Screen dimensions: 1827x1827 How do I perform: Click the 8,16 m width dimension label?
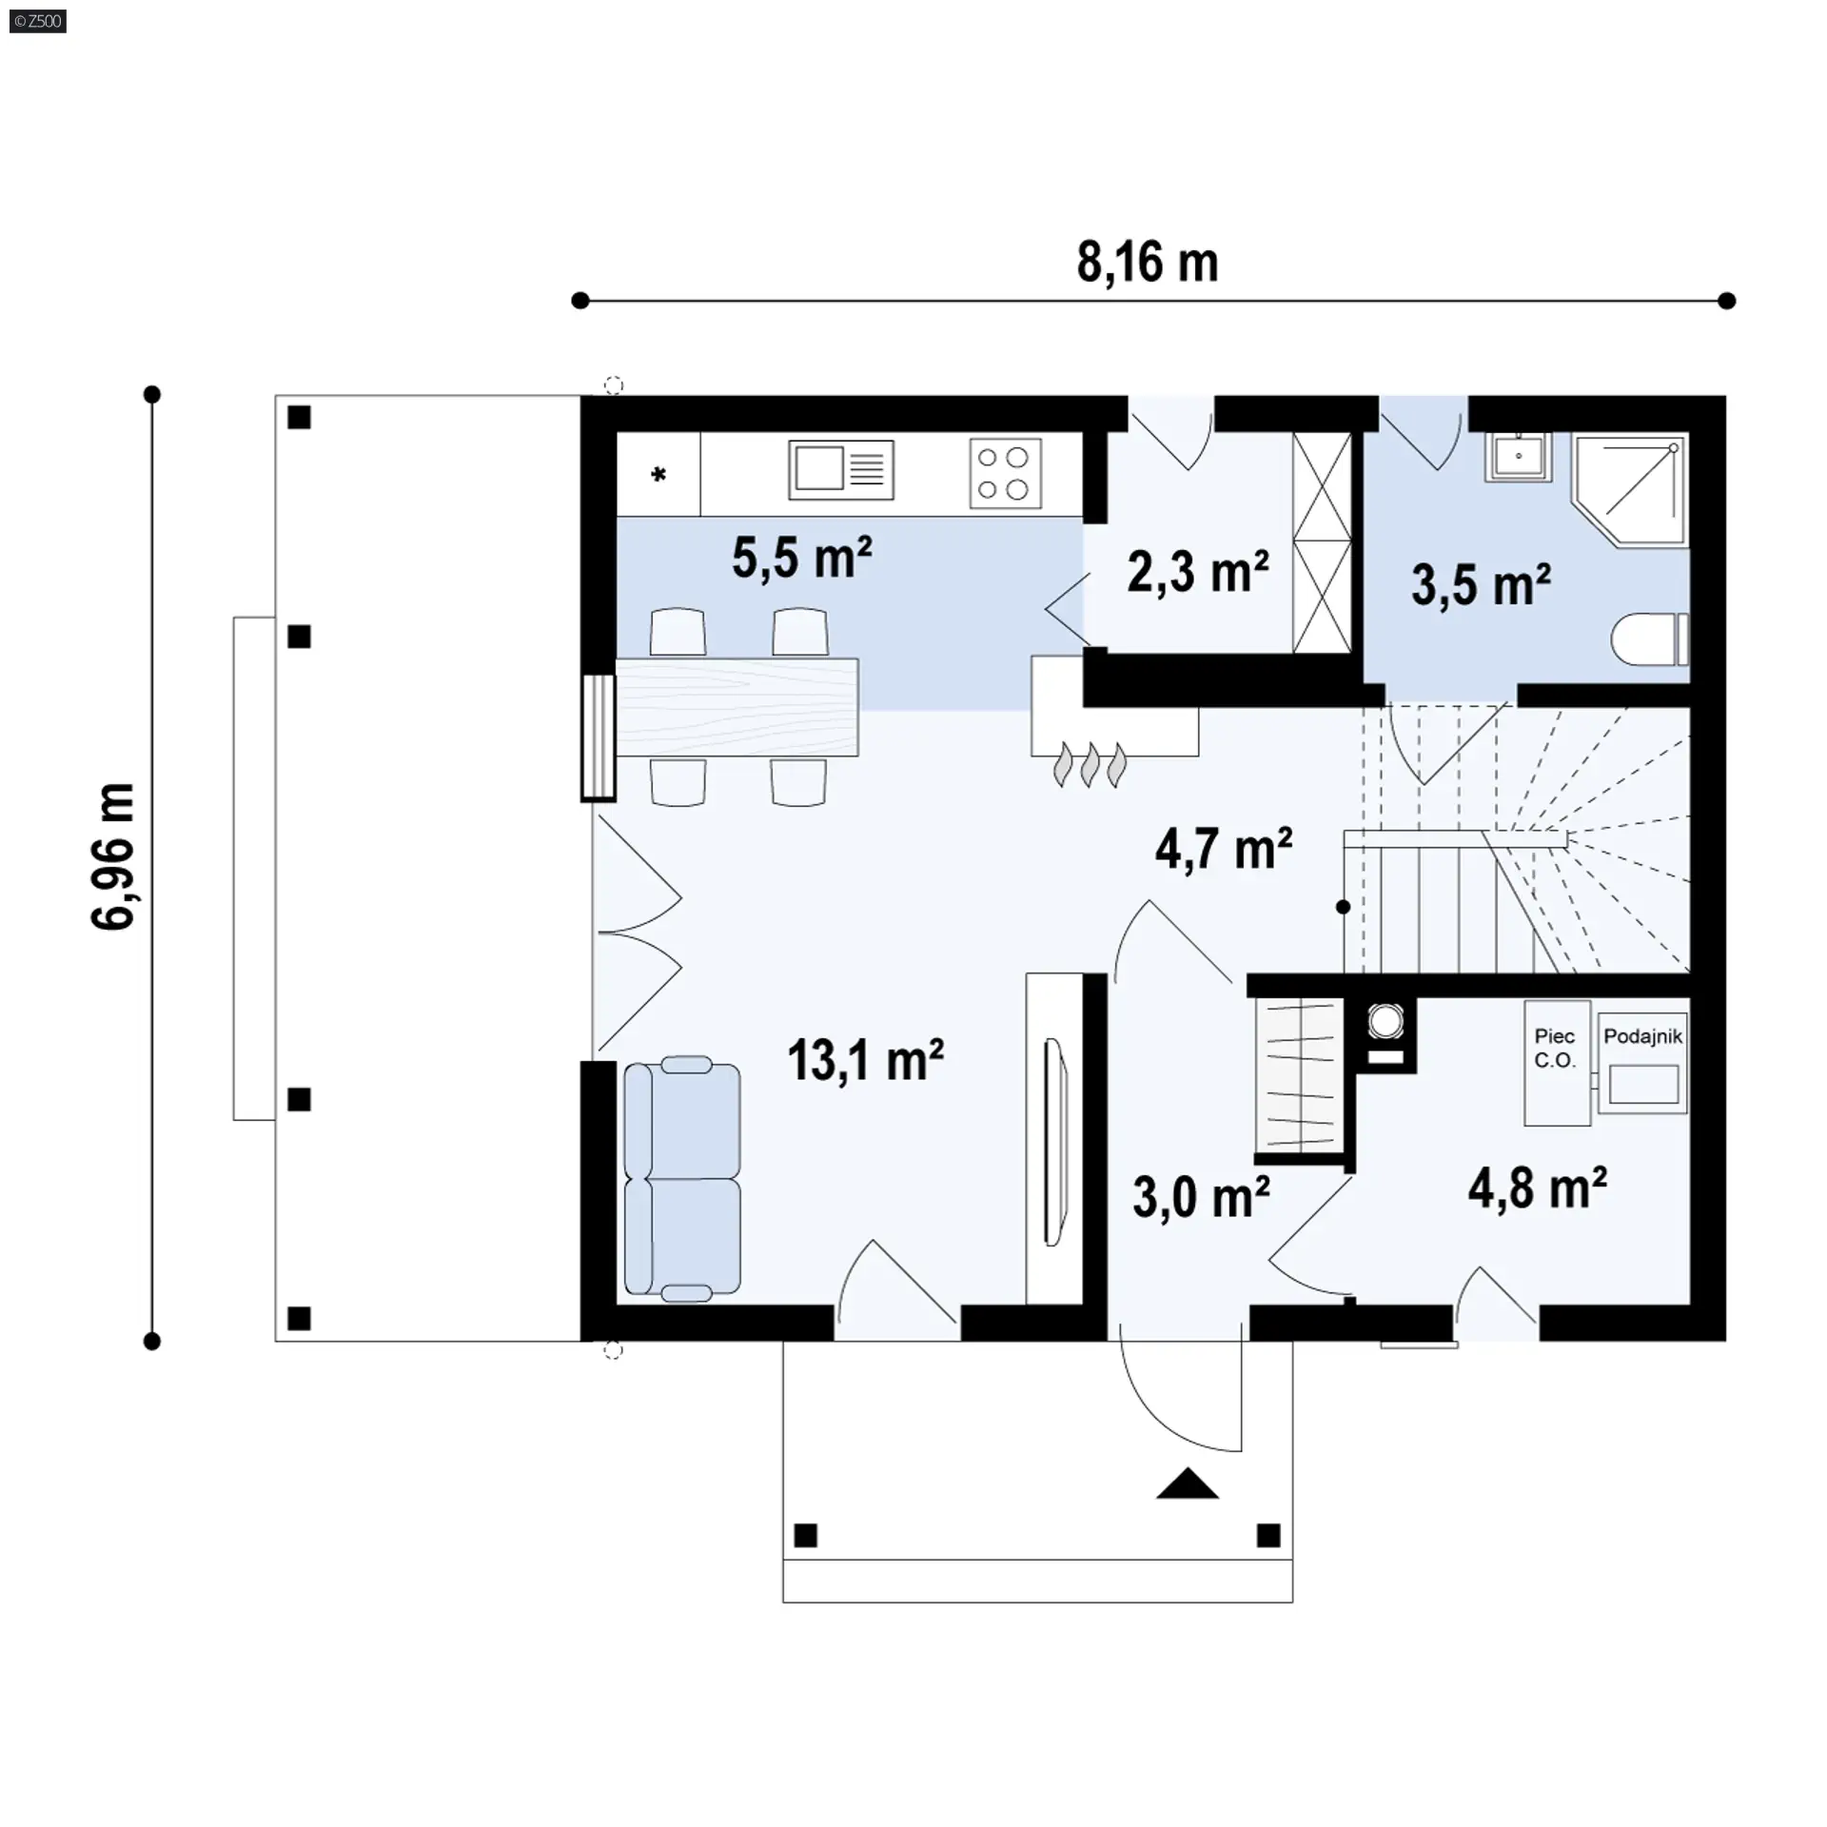click(x=1148, y=263)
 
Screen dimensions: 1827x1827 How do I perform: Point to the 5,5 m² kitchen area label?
click(x=802, y=557)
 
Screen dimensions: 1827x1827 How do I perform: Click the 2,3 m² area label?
click(x=1198, y=572)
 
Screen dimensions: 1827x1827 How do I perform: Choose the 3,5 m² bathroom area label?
click(x=1482, y=584)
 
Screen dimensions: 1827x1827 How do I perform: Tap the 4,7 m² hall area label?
click(x=1224, y=849)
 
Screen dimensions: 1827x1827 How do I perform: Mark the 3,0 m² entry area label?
click(x=1201, y=1197)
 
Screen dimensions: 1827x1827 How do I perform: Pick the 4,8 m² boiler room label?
click(x=1538, y=1188)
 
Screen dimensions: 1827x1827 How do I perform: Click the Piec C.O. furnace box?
click(x=1557, y=1063)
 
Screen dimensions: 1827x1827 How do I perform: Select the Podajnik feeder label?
click(x=1643, y=1036)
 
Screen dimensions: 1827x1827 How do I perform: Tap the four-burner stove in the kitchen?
click(x=1005, y=473)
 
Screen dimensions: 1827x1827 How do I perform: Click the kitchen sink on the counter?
click(x=841, y=470)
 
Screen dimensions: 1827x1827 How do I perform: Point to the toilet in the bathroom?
click(x=1650, y=638)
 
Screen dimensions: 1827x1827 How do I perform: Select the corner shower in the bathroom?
click(x=1631, y=491)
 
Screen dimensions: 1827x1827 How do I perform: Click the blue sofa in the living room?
click(x=682, y=1179)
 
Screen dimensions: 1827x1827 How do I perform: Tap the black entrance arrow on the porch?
click(x=1188, y=1483)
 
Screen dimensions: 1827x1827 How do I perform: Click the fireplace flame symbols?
click(x=1090, y=765)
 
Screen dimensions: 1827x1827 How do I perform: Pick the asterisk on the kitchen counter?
click(x=658, y=474)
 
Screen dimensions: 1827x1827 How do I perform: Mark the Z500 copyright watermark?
click(x=38, y=21)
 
